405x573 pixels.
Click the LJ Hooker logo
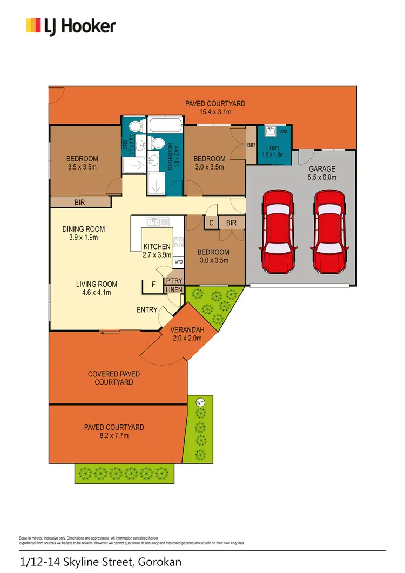point(71,25)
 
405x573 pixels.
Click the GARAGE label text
point(322,168)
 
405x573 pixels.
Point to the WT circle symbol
point(200,402)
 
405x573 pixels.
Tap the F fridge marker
point(153,284)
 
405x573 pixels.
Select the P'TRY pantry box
point(174,282)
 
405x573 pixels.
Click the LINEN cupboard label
point(174,291)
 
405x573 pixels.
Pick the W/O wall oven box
point(178,262)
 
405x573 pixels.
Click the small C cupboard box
point(211,223)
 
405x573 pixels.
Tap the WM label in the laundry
point(283,131)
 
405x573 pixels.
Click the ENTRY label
point(147,310)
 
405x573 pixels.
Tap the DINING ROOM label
point(83,228)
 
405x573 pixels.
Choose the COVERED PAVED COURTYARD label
point(114,378)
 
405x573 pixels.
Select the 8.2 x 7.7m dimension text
point(114,435)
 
